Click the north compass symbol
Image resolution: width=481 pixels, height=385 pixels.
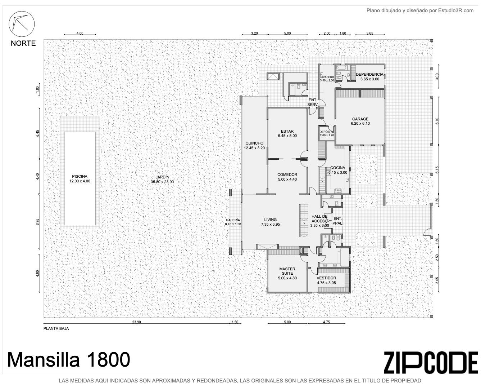click(x=22, y=24)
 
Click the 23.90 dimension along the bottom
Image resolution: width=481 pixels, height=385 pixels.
click(x=137, y=322)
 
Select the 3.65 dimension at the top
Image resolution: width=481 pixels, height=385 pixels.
click(x=370, y=33)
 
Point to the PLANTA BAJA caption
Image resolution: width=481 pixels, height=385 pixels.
click(x=56, y=328)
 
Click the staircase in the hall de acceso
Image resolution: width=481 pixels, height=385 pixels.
click(x=304, y=221)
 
